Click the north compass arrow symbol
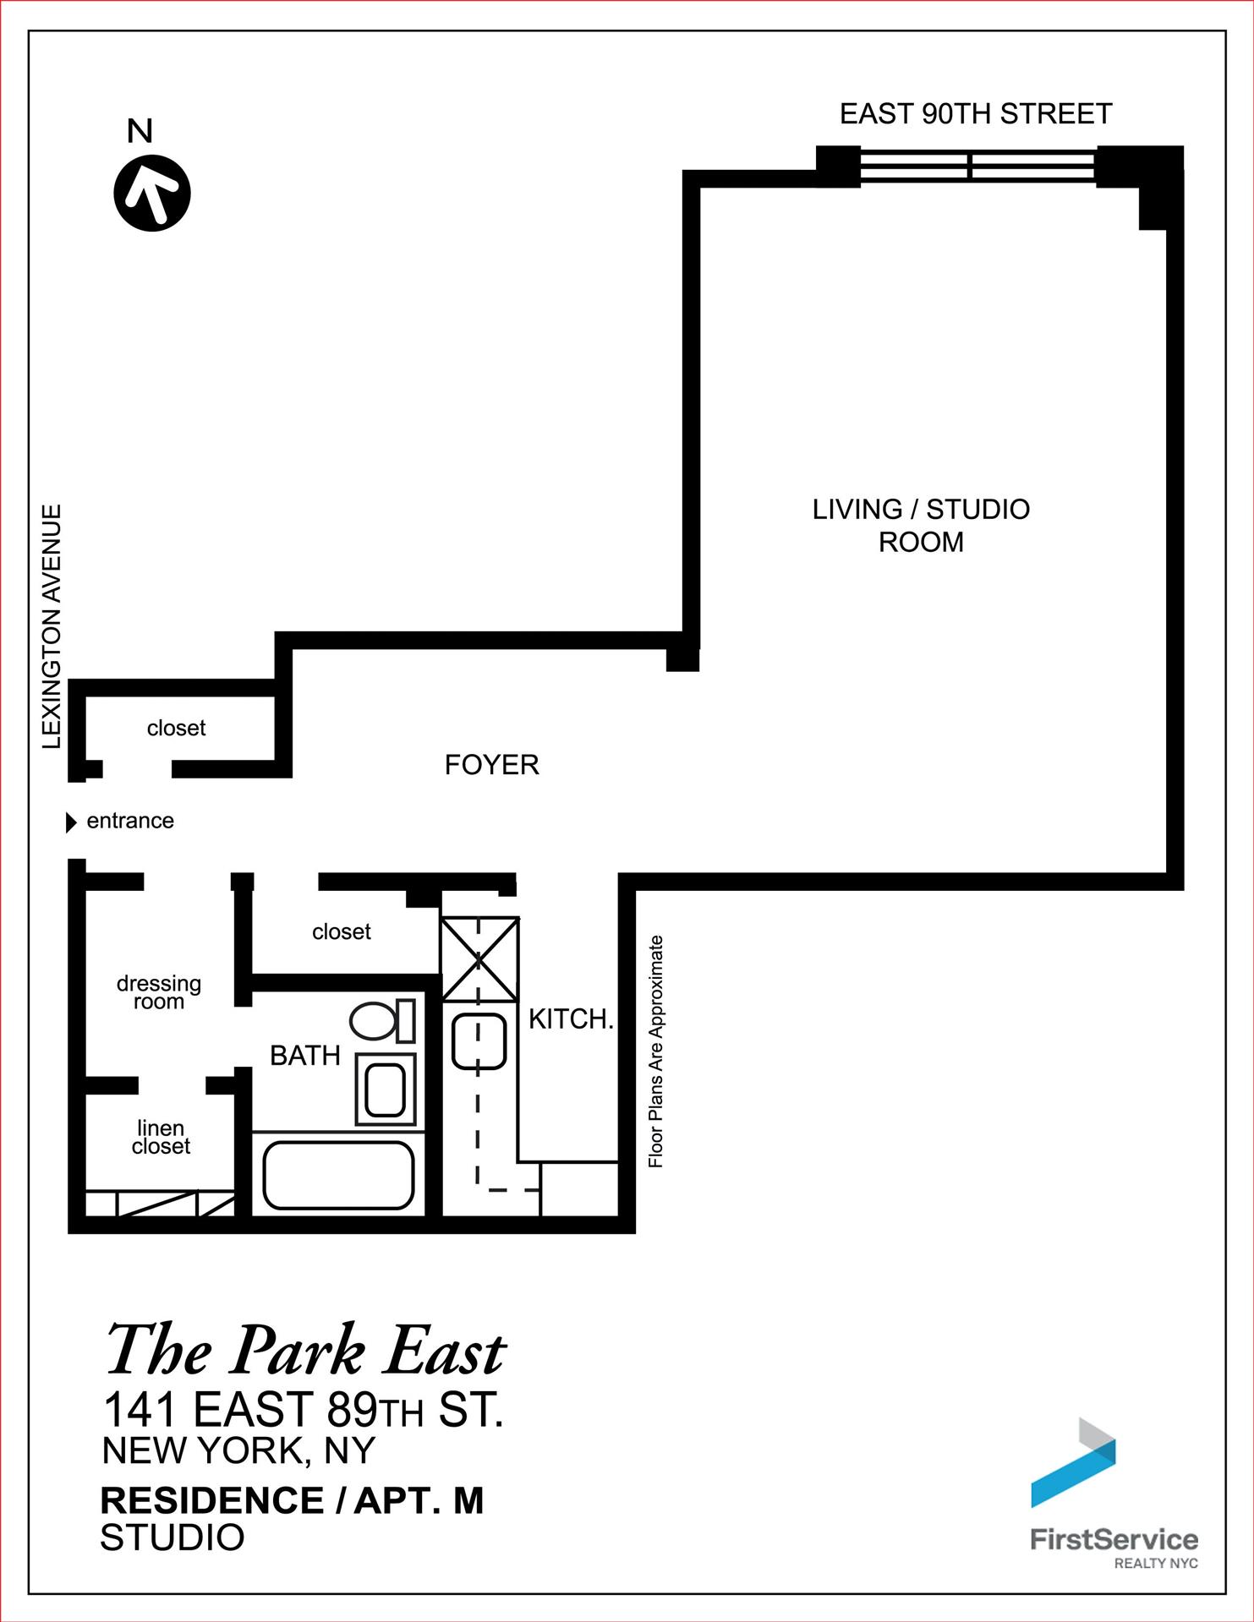152,193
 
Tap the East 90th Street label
975,114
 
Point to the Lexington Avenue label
52,626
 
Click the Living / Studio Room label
921,525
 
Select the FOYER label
492,765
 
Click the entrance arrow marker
71,822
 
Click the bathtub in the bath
338,1175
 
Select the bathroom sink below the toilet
386,1089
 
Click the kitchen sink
479,1040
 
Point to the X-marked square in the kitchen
479,959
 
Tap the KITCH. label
571,1019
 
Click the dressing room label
159,992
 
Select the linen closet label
161,1137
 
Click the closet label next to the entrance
176,728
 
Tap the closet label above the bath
342,931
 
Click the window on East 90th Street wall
978,165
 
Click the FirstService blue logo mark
1073,1462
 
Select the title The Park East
305,1351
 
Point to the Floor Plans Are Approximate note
656,1051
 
